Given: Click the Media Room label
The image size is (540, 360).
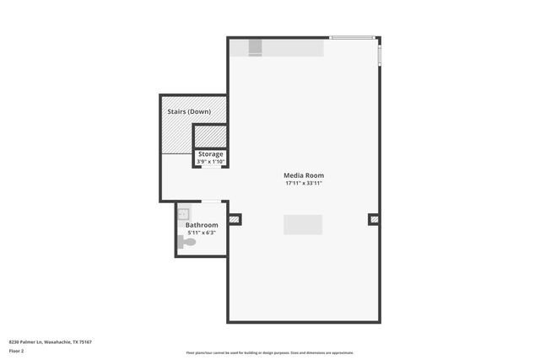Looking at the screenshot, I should pos(304,175).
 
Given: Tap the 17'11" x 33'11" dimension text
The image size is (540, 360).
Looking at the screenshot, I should pos(304,183).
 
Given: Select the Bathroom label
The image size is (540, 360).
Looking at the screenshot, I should pos(202,225).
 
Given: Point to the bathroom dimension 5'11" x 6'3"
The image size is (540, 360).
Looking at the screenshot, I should pos(202,233).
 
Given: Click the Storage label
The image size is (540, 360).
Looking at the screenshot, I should pos(210,154).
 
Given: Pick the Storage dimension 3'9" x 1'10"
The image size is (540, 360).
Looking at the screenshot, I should pos(210,161).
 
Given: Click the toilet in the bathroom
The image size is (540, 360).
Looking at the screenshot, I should pos(187,243).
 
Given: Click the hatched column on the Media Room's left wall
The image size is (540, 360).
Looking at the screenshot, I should pos(235,220).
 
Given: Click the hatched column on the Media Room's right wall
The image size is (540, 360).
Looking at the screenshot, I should pos(373,220).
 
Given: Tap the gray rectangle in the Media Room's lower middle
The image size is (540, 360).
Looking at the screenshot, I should pos(302,224).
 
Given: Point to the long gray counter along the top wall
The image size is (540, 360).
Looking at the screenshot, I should pos(287,49).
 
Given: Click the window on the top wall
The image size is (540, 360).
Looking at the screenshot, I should pos(352,38).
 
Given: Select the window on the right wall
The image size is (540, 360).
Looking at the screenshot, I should pos(379,55).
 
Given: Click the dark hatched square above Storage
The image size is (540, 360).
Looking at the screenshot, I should pos(210,136).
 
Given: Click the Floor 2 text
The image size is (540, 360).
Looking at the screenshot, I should pos(16,350).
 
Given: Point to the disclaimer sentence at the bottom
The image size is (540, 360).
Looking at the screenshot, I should pos(269,352).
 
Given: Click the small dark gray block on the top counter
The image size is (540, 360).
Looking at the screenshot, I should pos(256,50).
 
